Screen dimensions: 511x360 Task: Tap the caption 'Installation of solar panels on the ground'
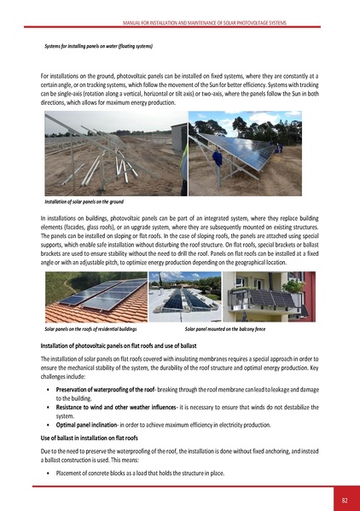84,202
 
